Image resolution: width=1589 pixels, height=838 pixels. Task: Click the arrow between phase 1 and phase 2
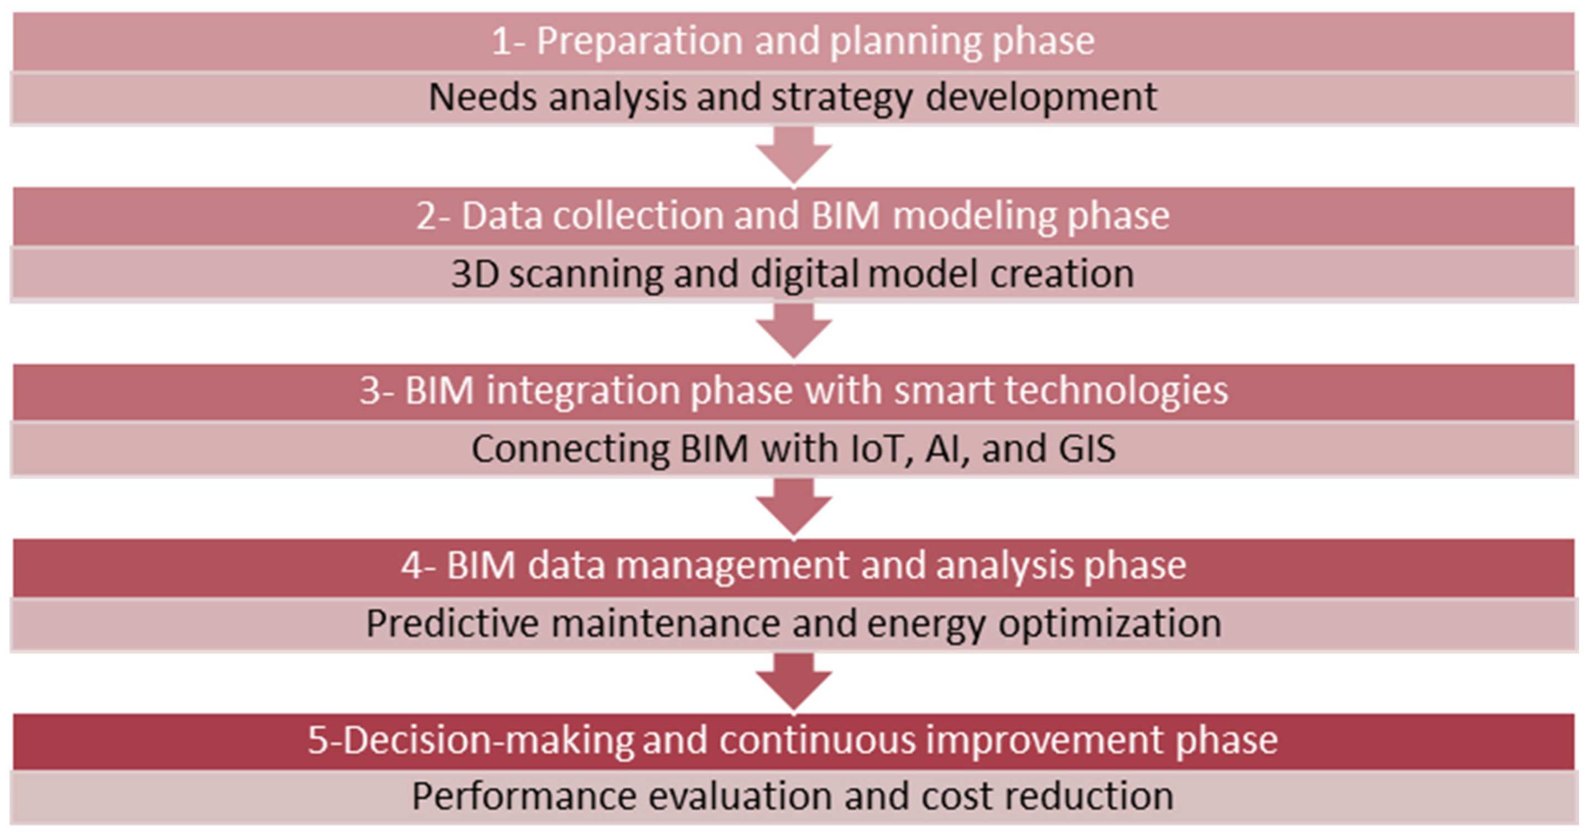click(794, 155)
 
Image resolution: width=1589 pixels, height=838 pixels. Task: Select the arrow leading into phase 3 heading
click(794, 330)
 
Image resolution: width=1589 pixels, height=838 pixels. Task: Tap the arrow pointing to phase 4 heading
click(794, 506)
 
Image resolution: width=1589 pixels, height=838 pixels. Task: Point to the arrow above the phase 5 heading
click(794, 682)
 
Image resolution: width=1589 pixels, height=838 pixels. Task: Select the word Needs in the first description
click(482, 97)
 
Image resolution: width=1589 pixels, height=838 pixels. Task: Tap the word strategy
click(841, 98)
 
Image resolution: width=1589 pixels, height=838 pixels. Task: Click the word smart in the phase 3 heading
click(944, 392)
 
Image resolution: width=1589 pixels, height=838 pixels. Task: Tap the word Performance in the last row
click(524, 797)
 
